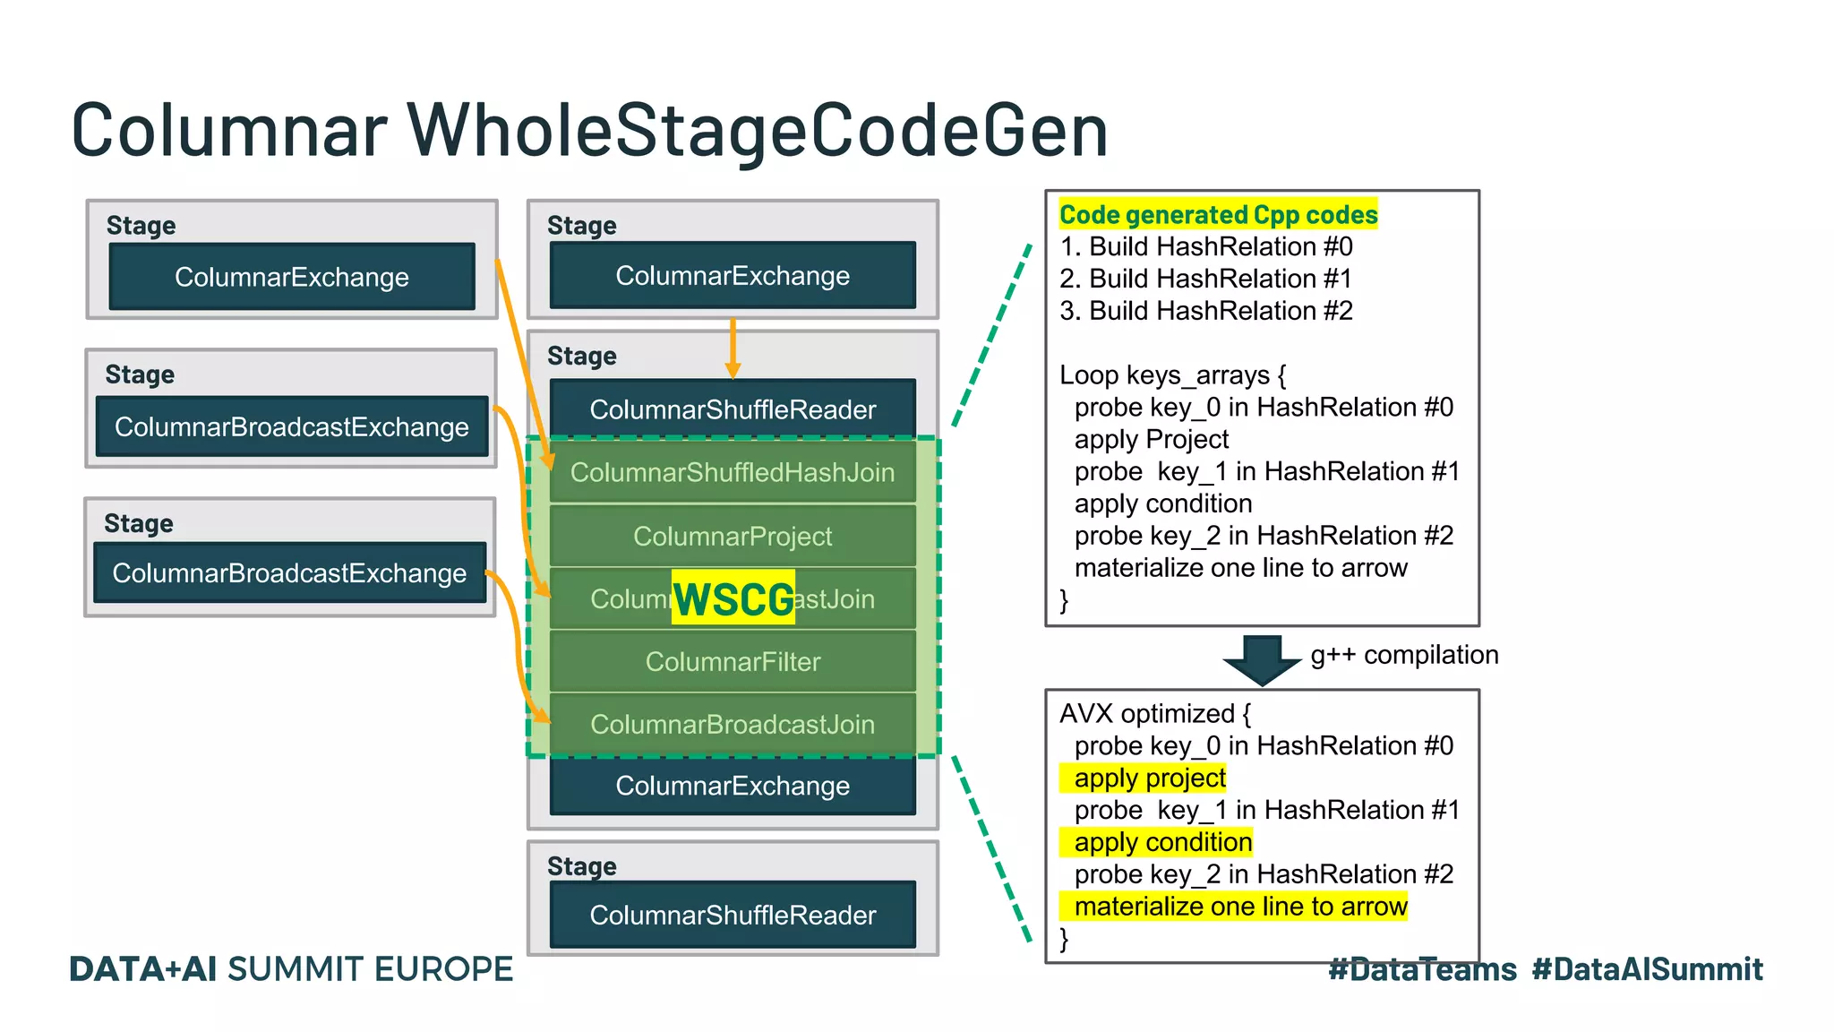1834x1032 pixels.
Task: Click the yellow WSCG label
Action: tap(733, 598)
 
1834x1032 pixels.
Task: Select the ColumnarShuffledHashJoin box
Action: tap(732, 472)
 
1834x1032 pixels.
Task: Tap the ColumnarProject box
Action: tap(732, 536)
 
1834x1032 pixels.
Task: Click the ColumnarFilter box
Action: tap(732, 661)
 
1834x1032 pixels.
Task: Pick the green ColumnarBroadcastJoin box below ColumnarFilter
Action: tap(732, 724)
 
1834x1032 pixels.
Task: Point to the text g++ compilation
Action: tap(1403, 655)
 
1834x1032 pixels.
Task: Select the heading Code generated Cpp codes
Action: tap(1218, 215)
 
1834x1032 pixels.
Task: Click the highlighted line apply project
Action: tap(1149, 778)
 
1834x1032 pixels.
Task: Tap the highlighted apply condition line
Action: tap(1162, 842)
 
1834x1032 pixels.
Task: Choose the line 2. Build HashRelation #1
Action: tap(1205, 279)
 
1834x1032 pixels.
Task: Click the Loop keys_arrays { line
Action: tap(1172, 374)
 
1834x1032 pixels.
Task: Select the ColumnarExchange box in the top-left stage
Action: tap(292, 277)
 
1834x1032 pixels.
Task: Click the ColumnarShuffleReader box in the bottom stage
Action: tap(732, 915)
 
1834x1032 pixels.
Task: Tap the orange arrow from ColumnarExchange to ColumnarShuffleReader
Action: tap(733, 348)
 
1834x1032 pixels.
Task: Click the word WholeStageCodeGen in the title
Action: tap(758, 130)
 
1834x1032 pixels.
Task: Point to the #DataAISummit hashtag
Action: tap(1647, 969)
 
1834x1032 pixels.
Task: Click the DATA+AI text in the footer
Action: tap(143, 969)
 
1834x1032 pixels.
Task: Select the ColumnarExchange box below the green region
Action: tap(732, 786)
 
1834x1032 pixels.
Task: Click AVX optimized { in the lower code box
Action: tap(1155, 714)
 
